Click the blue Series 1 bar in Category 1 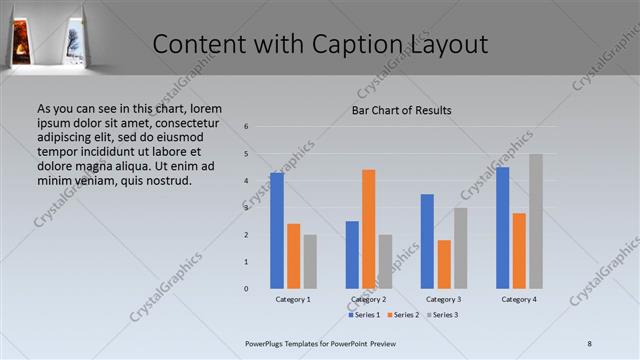point(277,231)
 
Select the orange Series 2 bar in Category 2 point(369,229)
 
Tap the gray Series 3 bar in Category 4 point(536,221)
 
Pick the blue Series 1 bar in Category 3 point(427,241)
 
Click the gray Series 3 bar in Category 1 point(310,262)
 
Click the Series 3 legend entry point(443,315)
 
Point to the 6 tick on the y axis point(246,127)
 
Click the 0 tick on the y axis point(246,289)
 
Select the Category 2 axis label point(369,299)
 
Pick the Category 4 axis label point(519,299)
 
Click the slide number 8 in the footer point(589,343)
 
